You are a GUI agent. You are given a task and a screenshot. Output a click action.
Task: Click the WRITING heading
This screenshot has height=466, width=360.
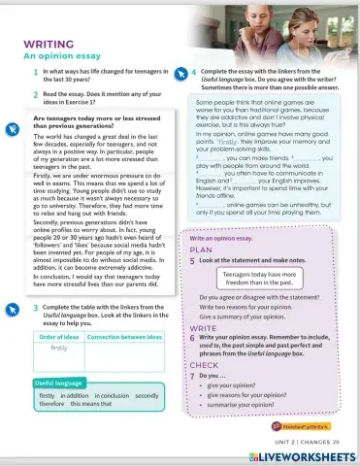[x=51, y=44]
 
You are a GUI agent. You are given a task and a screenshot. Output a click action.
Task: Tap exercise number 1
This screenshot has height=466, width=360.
[x=34, y=73]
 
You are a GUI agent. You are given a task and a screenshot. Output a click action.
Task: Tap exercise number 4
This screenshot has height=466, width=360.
[x=193, y=73]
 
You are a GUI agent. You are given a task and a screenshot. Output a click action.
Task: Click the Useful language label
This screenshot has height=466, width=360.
[x=59, y=383]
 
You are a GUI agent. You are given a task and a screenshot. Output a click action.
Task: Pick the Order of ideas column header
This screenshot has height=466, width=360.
[x=57, y=336]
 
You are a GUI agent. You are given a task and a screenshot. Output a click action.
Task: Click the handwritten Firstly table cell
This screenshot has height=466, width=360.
[x=58, y=347]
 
